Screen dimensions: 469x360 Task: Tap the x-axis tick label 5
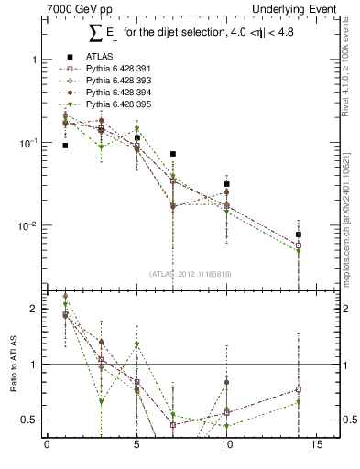[136, 448]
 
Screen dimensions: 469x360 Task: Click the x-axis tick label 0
[47, 448]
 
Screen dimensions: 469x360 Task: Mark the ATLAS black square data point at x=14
[299, 235]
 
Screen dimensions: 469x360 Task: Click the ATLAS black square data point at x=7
[172, 154]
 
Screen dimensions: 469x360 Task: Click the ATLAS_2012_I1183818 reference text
[189, 274]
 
